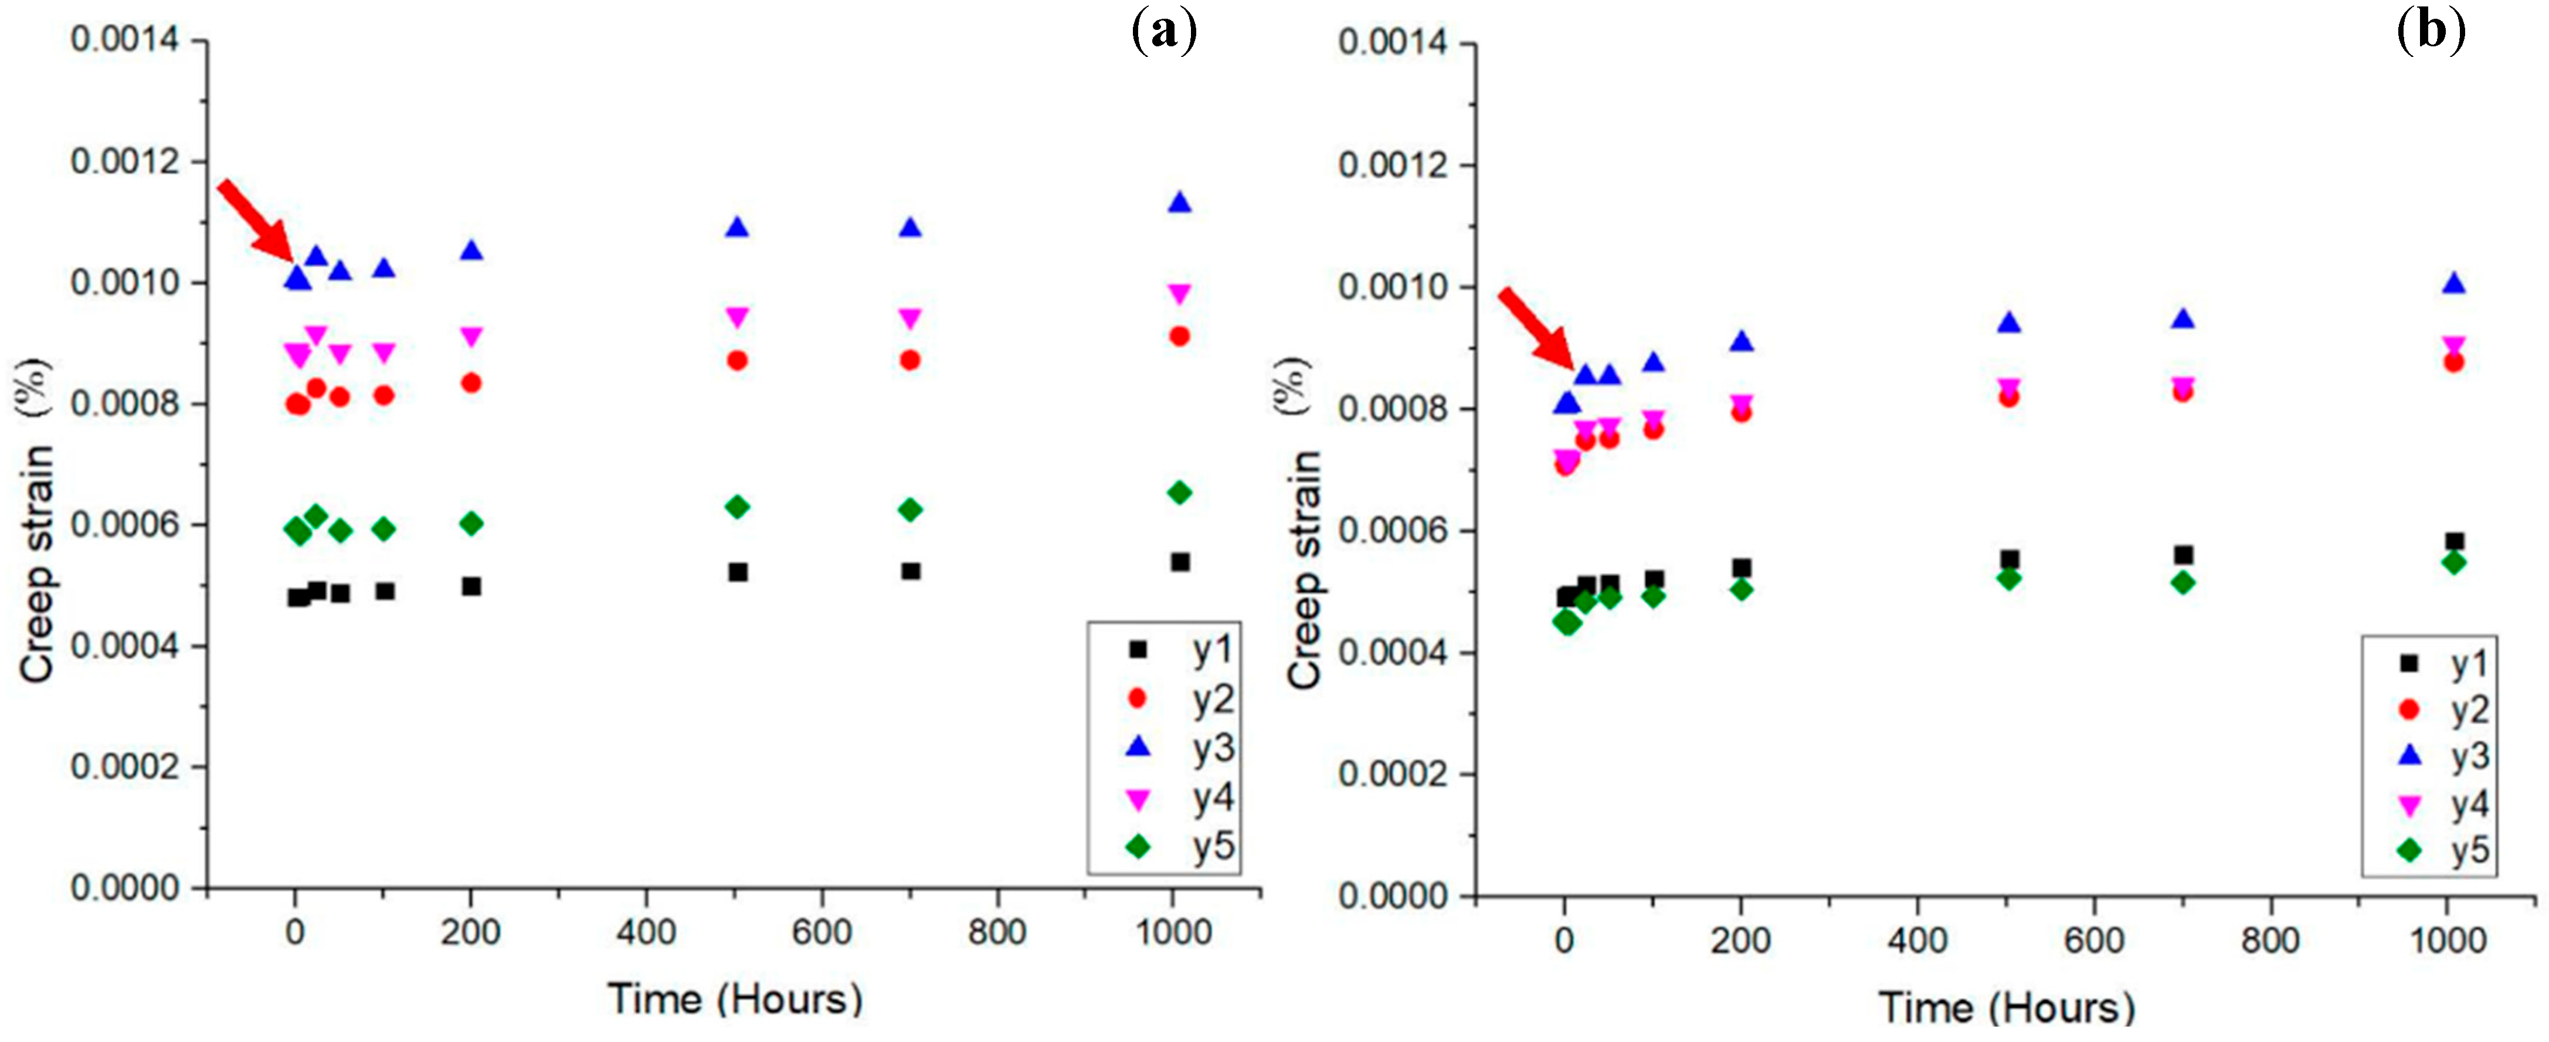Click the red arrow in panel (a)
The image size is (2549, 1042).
254,220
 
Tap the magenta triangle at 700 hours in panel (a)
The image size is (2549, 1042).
910,318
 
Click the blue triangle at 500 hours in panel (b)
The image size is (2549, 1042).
2009,323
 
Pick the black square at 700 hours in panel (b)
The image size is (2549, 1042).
2184,555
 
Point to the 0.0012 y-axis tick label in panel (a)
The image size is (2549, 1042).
125,161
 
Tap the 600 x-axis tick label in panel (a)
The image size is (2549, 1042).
822,932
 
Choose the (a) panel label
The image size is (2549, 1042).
1163,32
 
